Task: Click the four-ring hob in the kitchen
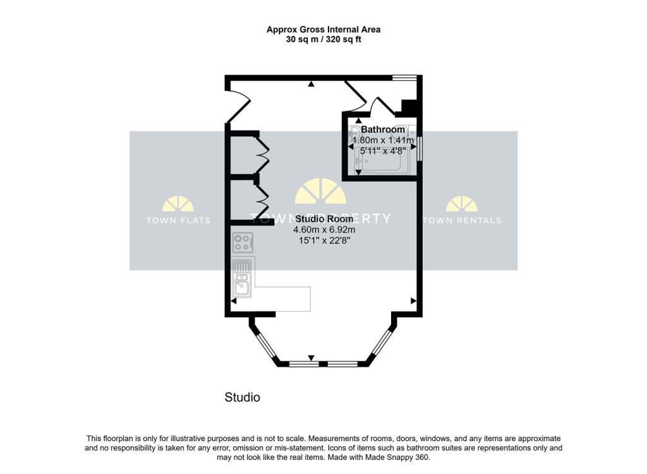point(243,243)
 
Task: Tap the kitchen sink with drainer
point(242,278)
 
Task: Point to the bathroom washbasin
point(355,135)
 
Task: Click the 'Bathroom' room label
point(383,130)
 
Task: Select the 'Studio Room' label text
point(324,219)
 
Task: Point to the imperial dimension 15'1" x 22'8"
point(324,241)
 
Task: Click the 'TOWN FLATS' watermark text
point(178,221)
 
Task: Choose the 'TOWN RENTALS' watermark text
point(461,221)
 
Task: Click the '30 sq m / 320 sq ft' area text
point(323,39)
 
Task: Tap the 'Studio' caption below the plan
point(242,398)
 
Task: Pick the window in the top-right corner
point(404,78)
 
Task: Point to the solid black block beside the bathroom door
point(409,108)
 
